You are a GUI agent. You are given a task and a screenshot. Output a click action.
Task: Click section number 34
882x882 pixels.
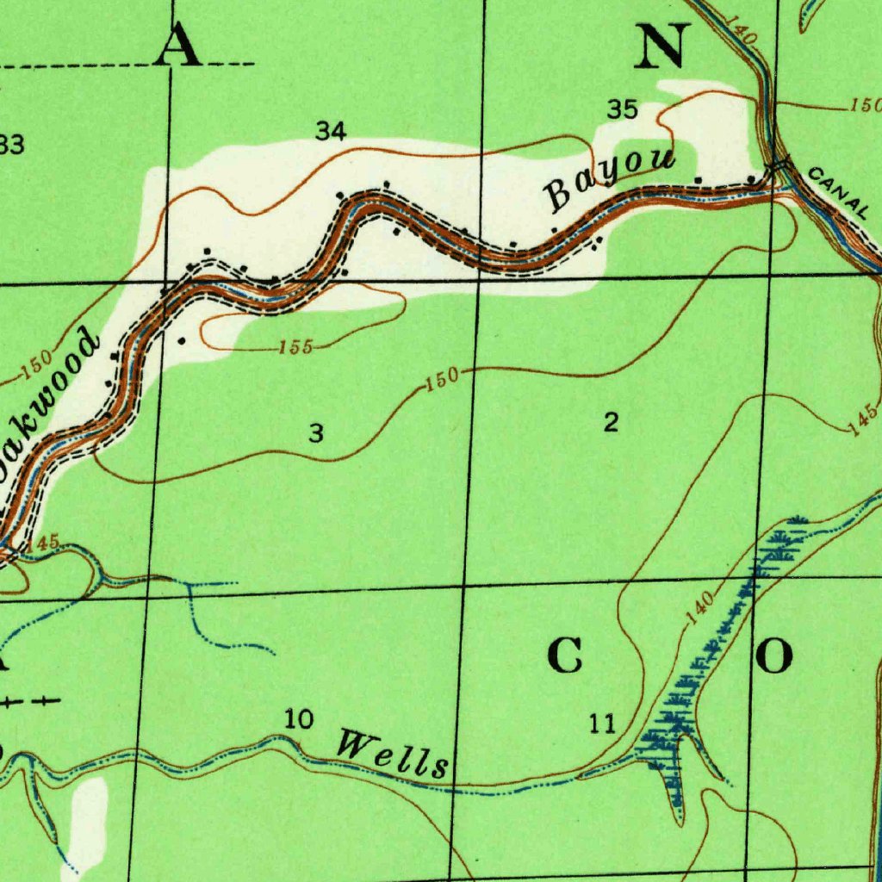[x=331, y=131]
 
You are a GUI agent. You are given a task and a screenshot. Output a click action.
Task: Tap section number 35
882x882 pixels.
[x=622, y=109]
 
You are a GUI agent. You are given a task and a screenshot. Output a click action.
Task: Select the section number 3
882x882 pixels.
[x=316, y=433]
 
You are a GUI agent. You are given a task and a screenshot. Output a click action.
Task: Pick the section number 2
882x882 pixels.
[x=611, y=422]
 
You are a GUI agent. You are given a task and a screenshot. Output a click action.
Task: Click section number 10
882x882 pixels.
[x=299, y=718]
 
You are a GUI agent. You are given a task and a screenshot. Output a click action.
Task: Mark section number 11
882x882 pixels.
[x=603, y=724]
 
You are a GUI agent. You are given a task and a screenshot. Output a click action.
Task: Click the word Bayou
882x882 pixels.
[x=610, y=179]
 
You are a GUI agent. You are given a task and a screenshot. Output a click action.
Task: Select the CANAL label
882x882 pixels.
[x=839, y=191]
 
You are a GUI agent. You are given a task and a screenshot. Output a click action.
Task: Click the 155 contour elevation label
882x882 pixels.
[x=295, y=348]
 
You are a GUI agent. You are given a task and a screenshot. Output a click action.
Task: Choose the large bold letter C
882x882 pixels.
[x=565, y=657]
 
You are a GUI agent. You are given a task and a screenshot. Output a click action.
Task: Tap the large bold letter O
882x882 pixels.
[x=774, y=657]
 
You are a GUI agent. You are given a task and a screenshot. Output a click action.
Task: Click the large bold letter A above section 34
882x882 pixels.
[x=178, y=45]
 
